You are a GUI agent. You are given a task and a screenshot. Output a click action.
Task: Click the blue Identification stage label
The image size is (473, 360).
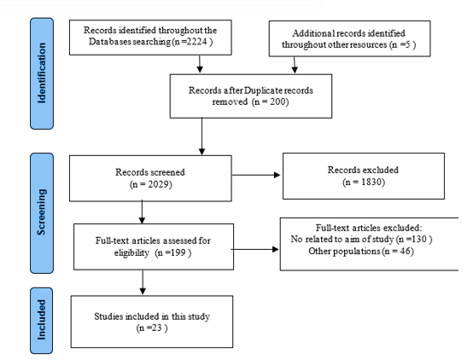[x=42, y=73]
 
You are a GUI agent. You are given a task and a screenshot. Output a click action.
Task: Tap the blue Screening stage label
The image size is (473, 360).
[x=42, y=213]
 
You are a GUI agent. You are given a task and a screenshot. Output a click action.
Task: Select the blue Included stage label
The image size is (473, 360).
[x=41, y=321]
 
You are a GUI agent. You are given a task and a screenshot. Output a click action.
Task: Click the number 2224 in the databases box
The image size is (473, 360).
[x=196, y=42]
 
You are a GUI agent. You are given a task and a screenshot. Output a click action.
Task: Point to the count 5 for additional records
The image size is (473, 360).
[x=408, y=44]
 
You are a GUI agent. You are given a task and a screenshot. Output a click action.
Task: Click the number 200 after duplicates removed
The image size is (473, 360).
[x=277, y=102]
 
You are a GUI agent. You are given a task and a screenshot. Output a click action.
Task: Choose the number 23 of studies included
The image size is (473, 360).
[x=156, y=328]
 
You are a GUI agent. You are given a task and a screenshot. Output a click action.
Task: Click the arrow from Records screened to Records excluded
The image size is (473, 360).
[x=256, y=175]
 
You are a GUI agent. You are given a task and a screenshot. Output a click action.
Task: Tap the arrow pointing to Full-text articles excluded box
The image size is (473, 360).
[x=255, y=249]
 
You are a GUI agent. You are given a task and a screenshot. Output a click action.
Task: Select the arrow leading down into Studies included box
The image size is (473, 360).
[x=143, y=282]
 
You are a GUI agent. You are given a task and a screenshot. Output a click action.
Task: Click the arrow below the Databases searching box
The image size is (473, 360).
[x=200, y=64]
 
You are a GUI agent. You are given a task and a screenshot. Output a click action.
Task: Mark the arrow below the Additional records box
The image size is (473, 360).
[x=295, y=65]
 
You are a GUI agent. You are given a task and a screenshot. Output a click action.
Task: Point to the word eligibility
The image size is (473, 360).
[x=131, y=253]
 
